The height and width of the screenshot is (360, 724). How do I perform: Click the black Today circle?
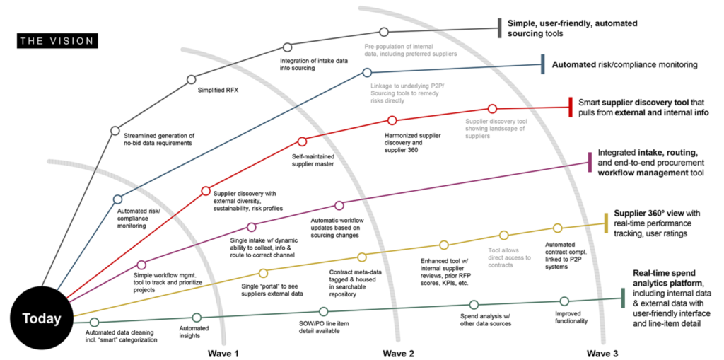pyautogui.click(x=42, y=318)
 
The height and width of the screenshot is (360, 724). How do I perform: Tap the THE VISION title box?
pyautogui.click(x=57, y=40)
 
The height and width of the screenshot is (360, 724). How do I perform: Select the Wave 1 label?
pyautogui.click(x=222, y=354)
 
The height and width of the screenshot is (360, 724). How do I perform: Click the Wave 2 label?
pyautogui.click(x=399, y=354)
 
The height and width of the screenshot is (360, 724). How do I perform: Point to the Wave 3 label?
pyautogui.click(x=602, y=354)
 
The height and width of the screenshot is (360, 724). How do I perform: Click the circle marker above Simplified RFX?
pyautogui.click(x=191, y=80)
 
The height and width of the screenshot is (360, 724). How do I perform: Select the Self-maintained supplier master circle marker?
pyautogui.click(x=302, y=141)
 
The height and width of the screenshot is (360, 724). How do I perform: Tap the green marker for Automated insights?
pyautogui.click(x=197, y=318)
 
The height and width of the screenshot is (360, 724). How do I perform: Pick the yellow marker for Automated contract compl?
pyautogui.click(x=558, y=228)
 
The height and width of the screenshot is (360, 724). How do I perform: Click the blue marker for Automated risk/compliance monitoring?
pyautogui.click(x=118, y=199)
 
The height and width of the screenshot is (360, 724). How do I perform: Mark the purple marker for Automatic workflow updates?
pyautogui.click(x=339, y=205)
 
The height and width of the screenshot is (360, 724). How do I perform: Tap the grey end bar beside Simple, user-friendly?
pyautogui.click(x=500, y=29)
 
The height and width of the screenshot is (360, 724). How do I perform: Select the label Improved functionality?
pyautogui.click(x=571, y=318)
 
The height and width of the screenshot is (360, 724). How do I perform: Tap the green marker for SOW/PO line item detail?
pyautogui.click(x=324, y=311)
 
